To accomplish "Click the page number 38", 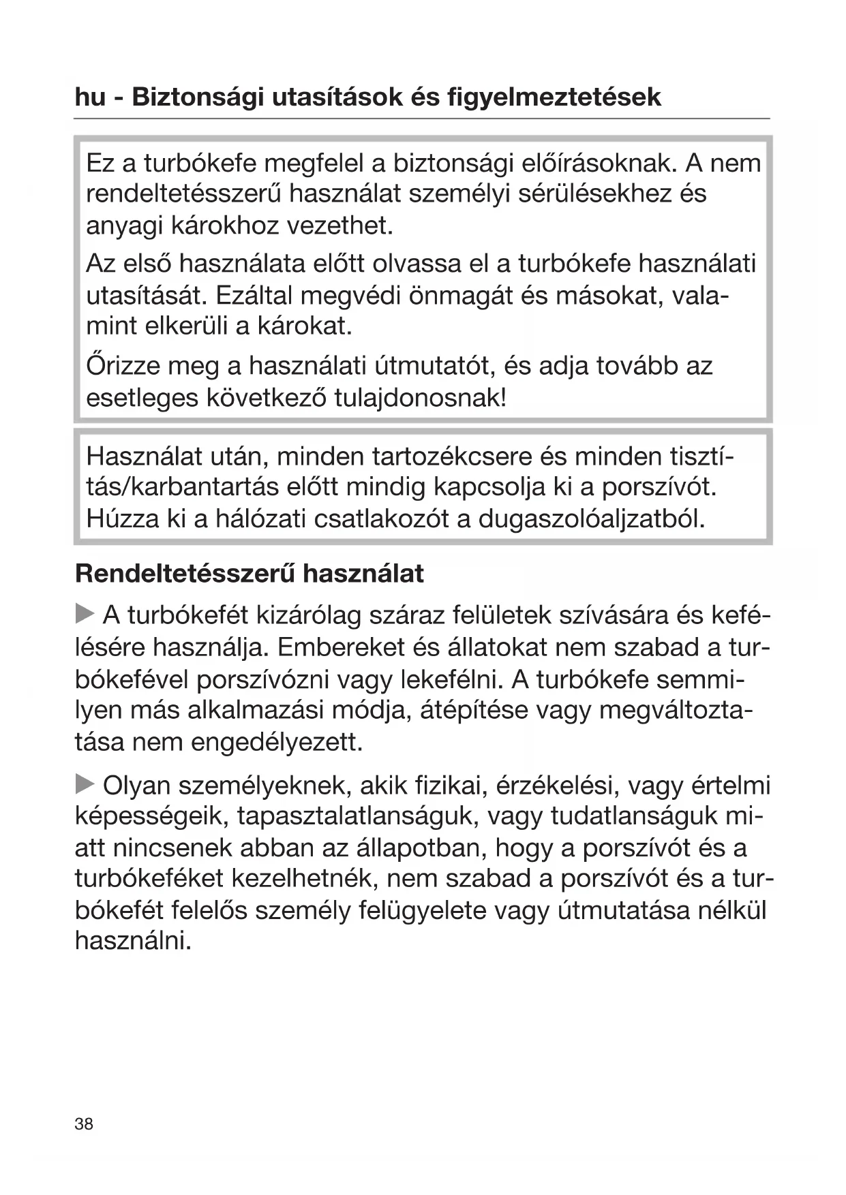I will point(84,1123).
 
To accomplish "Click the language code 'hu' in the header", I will point(90,97).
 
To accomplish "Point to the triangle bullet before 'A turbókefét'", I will point(85,614).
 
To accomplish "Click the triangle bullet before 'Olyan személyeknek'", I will point(85,784).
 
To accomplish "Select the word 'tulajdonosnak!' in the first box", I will point(421,398).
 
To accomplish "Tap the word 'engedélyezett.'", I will point(277,742).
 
